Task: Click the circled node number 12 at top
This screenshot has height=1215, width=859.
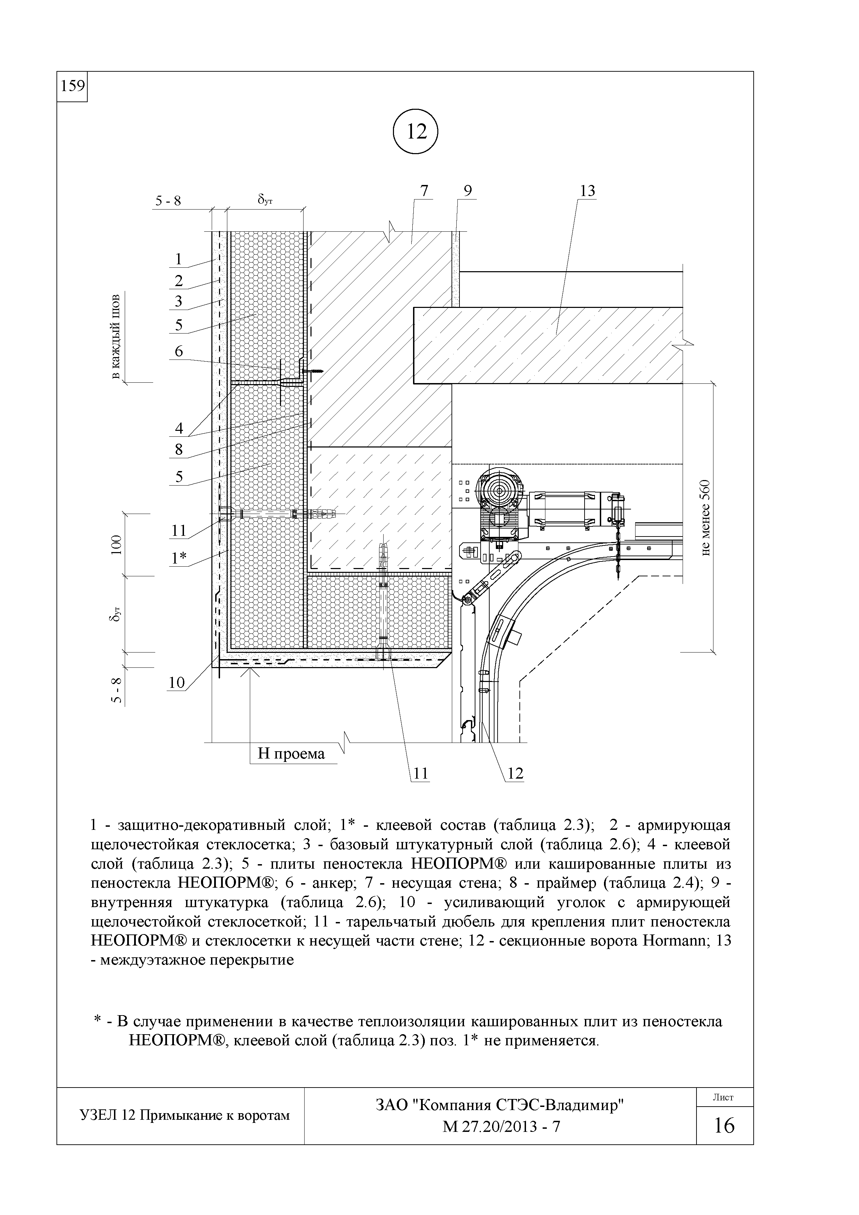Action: pyautogui.click(x=417, y=132)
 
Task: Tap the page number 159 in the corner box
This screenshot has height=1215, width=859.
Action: pyautogui.click(x=72, y=86)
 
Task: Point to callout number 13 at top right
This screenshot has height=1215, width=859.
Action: pyautogui.click(x=587, y=191)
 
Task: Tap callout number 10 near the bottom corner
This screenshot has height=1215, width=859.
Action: pyautogui.click(x=176, y=683)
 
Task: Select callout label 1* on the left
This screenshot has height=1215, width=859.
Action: pyautogui.click(x=179, y=559)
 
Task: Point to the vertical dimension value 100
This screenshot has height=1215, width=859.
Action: pyautogui.click(x=116, y=544)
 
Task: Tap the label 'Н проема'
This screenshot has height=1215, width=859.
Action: pyautogui.click(x=291, y=754)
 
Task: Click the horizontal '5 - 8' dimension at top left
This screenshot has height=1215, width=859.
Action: pyautogui.click(x=168, y=201)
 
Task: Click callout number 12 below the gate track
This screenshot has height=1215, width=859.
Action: pyautogui.click(x=515, y=774)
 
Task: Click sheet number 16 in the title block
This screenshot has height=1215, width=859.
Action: pyautogui.click(x=724, y=1125)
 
